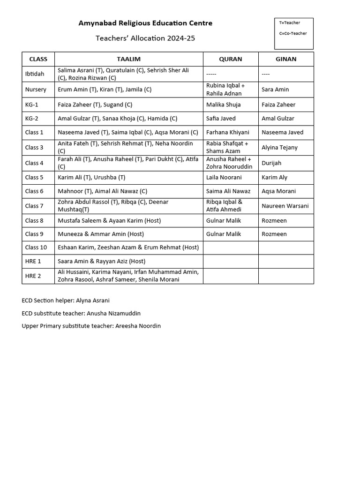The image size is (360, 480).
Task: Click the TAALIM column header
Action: click(x=128, y=59)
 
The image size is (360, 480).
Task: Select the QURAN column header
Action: click(x=231, y=59)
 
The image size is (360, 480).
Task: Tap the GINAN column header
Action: click(x=286, y=59)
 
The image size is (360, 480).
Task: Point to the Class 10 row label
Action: click(x=36, y=247)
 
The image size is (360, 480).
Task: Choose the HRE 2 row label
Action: click(x=33, y=276)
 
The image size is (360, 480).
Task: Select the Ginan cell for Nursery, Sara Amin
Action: click(x=275, y=90)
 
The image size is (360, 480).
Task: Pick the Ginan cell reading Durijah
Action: click(x=272, y=163)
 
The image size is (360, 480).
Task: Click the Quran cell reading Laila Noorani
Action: click(x=224, y=177)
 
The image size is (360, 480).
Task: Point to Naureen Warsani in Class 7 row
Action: click(x=285, y=206)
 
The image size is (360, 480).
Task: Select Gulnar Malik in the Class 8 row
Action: click(x=224, y=220)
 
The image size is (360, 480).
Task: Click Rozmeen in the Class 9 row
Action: click(x=274, y=234)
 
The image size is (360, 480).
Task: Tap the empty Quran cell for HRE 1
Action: click(x=230, y=261)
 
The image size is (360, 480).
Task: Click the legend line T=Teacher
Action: click(x=289, y=22)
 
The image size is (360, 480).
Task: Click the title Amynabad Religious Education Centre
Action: click(x=145, y=23)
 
